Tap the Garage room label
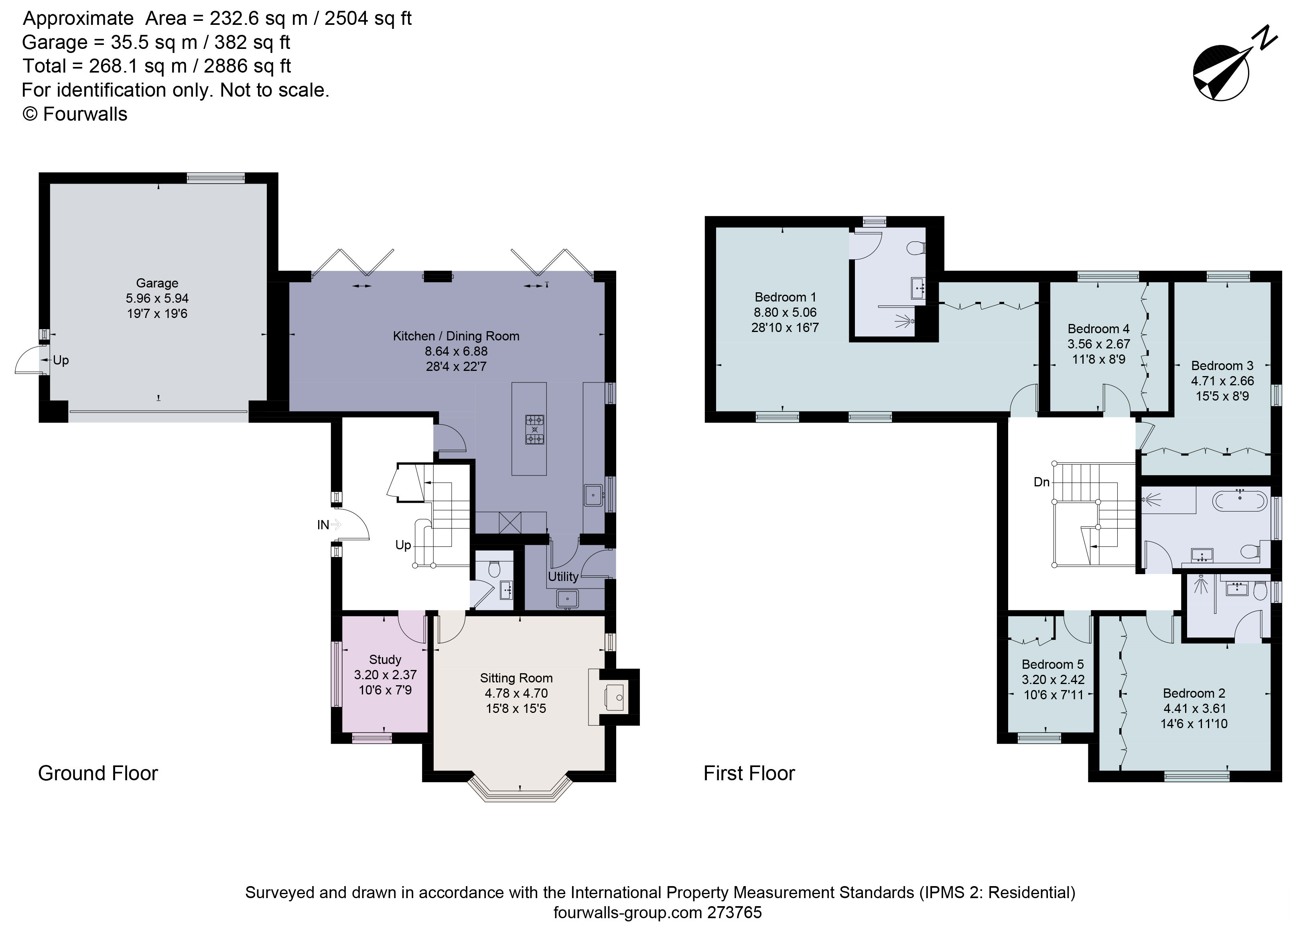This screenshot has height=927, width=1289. pyautogui.click(x=157, y=283)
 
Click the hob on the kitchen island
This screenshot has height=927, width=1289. pyautogui.click(x=534, y=429)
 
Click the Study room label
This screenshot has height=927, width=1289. pyautogui.click(x=385, y=660)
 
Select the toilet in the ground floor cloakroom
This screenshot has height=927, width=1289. pyautogui.click(x=494, y=569)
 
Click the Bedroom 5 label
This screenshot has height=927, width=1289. pyautogui.click(x=1053, y=664)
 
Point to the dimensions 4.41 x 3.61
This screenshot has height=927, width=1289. pyautogui.click(x=1194, y=708)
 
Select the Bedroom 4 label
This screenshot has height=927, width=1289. pyautogui.click(x=1098, y=328)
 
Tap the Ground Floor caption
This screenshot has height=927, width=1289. pyautogui.click(x=98, y=773)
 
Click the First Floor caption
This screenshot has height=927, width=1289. pyautogui.click(x=749, y=773)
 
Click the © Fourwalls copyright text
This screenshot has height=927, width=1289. pyautogui.click(x=75, y=114)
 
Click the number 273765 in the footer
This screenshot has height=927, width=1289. pyautogui.click(x=734, y=912)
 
